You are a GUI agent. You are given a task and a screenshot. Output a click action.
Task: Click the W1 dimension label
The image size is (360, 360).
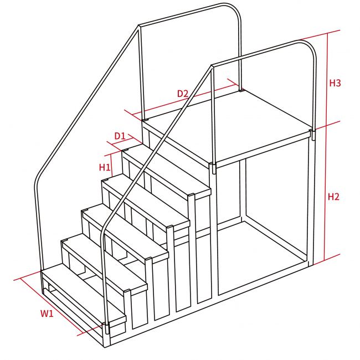[47, 313]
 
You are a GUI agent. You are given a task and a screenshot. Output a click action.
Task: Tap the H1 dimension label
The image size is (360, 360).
[105, 167]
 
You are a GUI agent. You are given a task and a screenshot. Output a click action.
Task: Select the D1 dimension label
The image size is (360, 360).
[120, 136]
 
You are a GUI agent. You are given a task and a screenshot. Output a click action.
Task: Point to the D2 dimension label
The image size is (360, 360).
[183, 94]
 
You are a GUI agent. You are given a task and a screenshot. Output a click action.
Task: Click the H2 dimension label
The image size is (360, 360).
[333, 197]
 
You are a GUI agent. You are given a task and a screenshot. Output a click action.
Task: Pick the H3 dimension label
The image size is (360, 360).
[335, 83]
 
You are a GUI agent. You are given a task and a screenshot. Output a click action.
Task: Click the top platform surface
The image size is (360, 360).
[227, 125]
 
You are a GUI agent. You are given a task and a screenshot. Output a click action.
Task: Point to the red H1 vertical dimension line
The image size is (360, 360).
[111, 164]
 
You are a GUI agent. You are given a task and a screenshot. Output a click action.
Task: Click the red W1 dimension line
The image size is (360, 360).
[52, 306]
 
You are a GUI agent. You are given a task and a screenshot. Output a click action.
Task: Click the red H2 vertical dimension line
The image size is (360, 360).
[326, 193]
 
